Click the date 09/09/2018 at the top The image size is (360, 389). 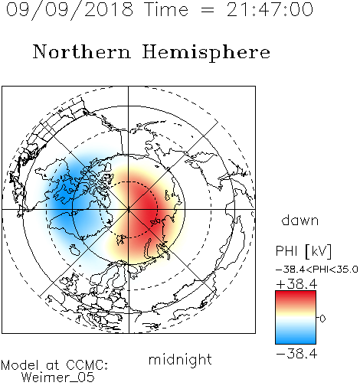(70, 10)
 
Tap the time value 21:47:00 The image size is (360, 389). (270, 9)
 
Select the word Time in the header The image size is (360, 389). (166, 9)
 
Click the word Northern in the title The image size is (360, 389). (82, 51)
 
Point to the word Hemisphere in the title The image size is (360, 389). (206, 53)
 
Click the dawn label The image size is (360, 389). (300, 220)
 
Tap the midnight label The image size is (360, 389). (180, 359)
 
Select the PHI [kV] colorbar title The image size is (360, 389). (303, 251)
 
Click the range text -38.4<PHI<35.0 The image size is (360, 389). (316, 270)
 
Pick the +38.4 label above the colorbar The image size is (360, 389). (296, 284)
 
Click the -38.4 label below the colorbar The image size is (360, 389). (296, 354)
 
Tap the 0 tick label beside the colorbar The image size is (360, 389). (322, 319)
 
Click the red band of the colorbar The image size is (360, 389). (296, 298)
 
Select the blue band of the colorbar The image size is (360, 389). (296, 338)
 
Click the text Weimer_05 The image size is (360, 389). (58, 378)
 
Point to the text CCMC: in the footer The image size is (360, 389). (87, 365)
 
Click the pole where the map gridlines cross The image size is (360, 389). (129, 209)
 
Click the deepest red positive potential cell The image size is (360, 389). (146, 208)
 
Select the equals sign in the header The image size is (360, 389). (208, 11)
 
